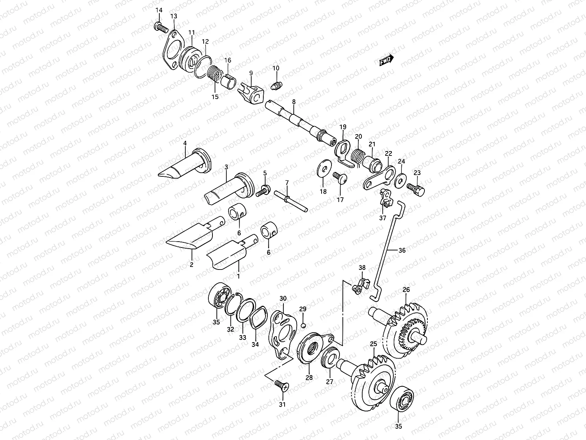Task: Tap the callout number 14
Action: [159, 10]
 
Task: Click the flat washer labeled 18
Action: [323, 169]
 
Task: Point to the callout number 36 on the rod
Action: [402, 250]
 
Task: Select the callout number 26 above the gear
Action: [406, 290]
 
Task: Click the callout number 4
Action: [185, 143]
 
